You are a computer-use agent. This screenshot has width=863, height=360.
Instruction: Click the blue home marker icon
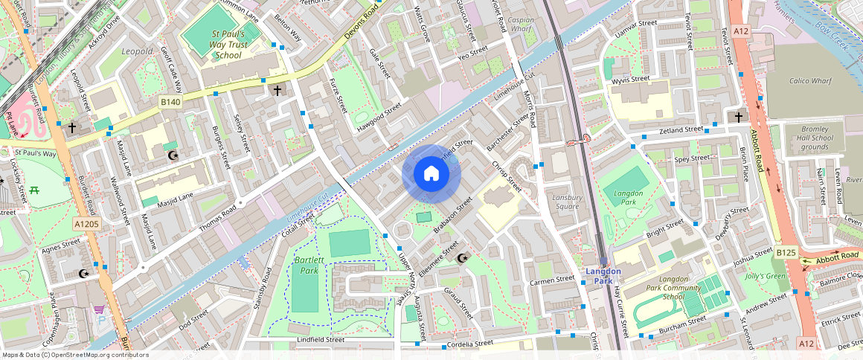(431, 174)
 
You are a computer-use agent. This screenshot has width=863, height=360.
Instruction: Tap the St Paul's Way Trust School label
(216, 45)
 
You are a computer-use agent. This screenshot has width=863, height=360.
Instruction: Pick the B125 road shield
(786, 253)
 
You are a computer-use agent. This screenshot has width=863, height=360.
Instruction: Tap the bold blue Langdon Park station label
(603, 276)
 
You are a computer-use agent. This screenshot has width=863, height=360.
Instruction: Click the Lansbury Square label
(567, 202)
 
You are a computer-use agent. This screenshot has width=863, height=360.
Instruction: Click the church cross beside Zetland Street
(739, 117)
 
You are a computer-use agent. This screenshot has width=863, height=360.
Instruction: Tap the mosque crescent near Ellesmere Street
(462, 258)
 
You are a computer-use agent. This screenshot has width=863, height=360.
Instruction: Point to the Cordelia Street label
(469, 344)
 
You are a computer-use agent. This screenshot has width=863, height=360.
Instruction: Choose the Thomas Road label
(211, 217)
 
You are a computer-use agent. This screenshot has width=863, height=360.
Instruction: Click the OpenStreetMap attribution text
(75, 355)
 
